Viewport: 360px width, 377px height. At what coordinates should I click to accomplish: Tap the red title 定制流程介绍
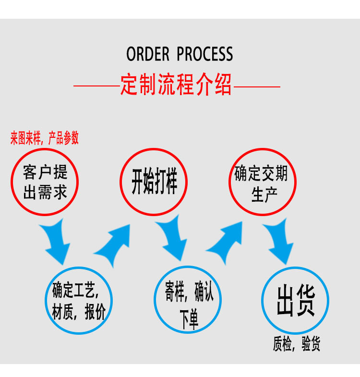[x=176, y=85]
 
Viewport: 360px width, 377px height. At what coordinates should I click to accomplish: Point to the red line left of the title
[x=96, y=87]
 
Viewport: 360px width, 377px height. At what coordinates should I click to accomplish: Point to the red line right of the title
[x=256, y=87]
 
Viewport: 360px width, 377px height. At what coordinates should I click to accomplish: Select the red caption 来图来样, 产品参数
[x=45, y=139]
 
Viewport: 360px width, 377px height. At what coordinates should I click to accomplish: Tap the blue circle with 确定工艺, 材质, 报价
[x=79, y=300]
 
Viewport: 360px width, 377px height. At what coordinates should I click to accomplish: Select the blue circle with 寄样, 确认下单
[x=187, y=300]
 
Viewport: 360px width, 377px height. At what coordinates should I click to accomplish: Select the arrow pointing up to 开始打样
[x=114, y=243]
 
